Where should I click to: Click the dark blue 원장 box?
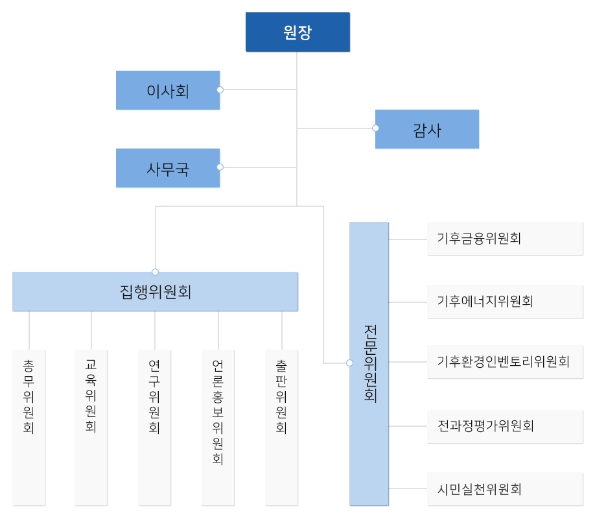[x=297, y=32]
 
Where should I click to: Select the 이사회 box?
[x=168, y=90]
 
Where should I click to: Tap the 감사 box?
[x=427, y=129]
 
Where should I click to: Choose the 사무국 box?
[x=168, y=168]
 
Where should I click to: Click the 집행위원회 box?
[x=155, y=291]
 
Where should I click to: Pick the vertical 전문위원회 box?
[x=369, y=363]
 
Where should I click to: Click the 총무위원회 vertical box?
[x=29, y=427]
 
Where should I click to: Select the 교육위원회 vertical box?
[x=91, y=427]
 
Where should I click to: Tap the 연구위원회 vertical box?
[x=154, y=427]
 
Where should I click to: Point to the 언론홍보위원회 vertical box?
[x=218, y=427]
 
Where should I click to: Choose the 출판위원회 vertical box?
[x=281, y=427]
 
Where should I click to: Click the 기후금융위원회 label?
[x=479, y=238]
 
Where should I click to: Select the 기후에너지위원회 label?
[x=485, y=301]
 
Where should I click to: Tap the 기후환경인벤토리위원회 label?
[x=503, y=361]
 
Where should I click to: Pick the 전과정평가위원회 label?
[x=485, y=426]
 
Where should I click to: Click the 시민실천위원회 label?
[x=479, y=489]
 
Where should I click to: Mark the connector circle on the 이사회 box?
[x=220, y=90]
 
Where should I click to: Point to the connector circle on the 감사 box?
[x=375, y=128]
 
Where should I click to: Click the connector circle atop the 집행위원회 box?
[x=155, y=272]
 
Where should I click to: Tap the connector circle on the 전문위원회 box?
[x=349, y=363]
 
